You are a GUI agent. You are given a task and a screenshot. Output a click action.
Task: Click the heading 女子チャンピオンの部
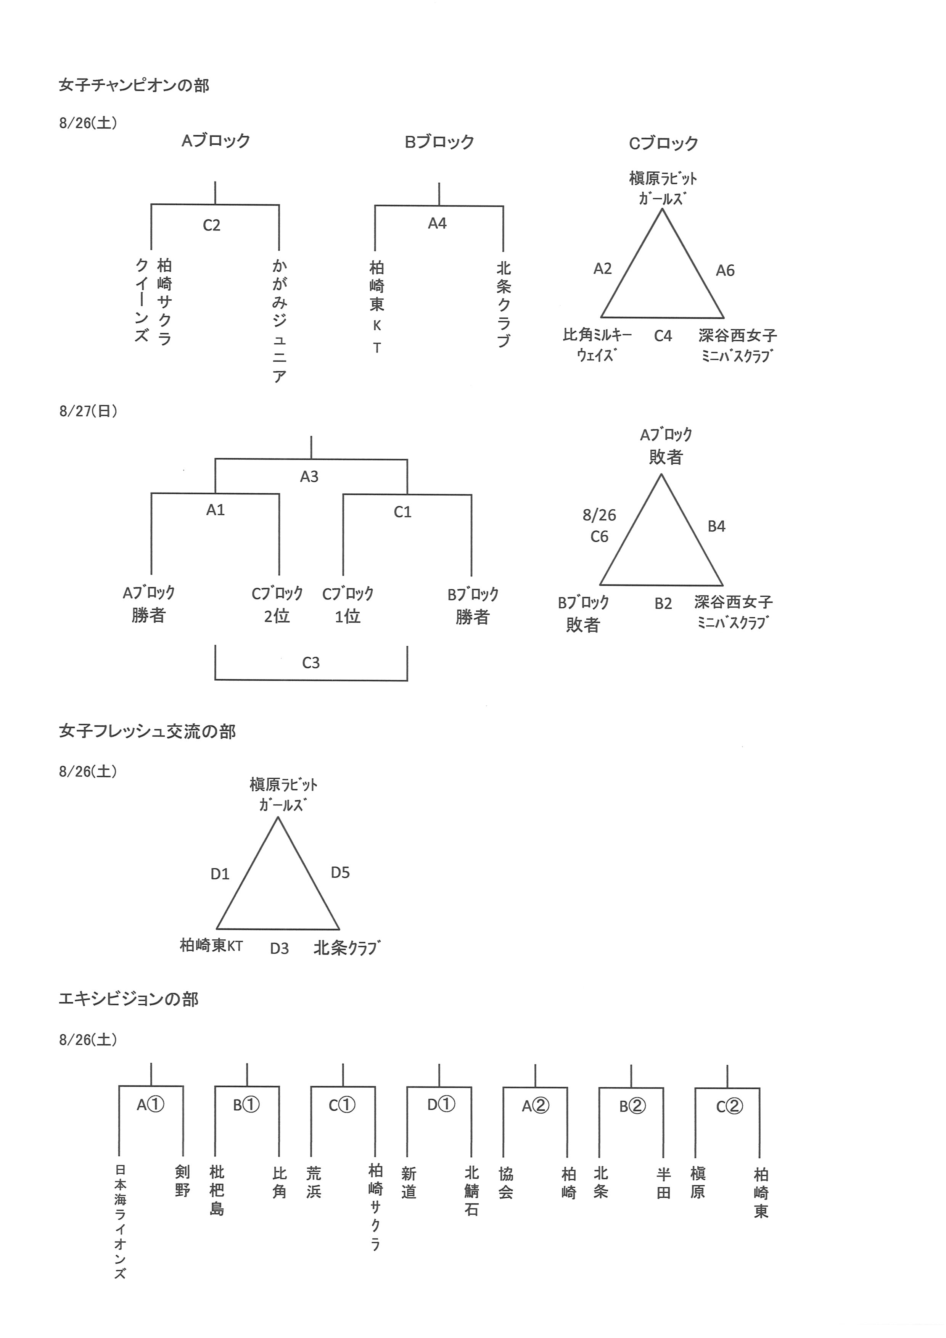point(134,86)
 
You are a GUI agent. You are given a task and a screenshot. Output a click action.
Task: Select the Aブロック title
point(216,141)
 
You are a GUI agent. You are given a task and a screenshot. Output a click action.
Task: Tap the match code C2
point(211,225)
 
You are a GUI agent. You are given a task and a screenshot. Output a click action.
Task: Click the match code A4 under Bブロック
point(437,223)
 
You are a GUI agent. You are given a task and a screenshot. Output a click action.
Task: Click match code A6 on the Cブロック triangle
point(725,270)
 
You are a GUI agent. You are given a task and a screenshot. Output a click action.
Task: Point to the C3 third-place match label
point(311,663)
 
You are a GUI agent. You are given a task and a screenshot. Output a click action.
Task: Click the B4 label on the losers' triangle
point(716,526)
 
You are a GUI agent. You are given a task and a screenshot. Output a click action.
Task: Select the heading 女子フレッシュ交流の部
point(147,731)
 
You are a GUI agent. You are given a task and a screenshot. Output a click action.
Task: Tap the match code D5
point(340,873)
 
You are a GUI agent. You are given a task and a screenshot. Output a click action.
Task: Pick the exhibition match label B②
point(632,1106)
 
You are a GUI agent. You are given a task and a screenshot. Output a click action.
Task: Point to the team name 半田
point(663,1183)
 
